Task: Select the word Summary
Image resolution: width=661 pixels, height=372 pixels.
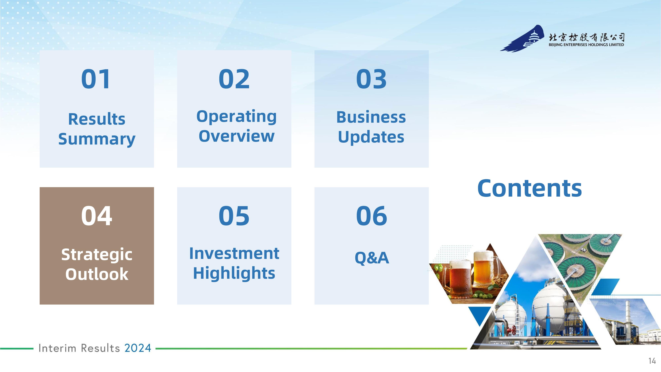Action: pos(97,139)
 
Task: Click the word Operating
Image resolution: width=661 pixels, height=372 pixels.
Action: pos(236,117)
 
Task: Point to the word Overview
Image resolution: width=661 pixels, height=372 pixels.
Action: pos(236,136)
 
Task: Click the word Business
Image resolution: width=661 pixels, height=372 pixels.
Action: pos(371,117)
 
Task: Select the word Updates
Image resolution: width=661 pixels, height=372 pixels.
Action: pos(371,137)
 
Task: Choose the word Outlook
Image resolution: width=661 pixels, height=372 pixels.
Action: pos(97,274)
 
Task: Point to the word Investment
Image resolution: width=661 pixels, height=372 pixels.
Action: pos(234,254)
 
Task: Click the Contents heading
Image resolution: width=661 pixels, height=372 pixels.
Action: pos(530,188)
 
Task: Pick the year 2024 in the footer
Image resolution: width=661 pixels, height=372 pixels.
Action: pos(138,348)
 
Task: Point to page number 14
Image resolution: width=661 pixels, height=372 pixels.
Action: pos(652,361)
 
